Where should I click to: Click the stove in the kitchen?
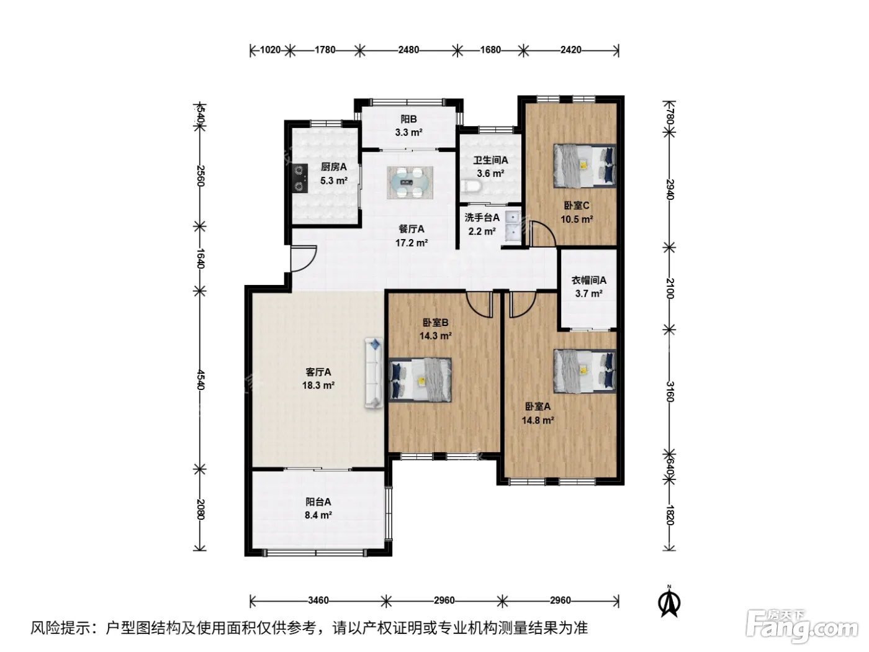[300, 178]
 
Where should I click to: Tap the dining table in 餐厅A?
[410, 183]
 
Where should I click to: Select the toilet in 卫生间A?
[471, 187]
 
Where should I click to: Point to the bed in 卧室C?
[584, 165]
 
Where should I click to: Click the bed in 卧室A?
[585, 371]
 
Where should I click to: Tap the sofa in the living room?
[373, 373]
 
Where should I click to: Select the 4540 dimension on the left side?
[200, 380]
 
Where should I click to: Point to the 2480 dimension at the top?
[408, 50]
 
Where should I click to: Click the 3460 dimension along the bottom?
[318, 600]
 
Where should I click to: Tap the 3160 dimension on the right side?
[669, 392]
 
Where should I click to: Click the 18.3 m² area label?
[318, 385]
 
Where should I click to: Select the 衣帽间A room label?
[588, 280]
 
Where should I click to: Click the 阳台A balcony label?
[318, 502]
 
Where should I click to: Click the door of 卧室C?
[543, 234]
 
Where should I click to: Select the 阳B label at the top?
[408, 119]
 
